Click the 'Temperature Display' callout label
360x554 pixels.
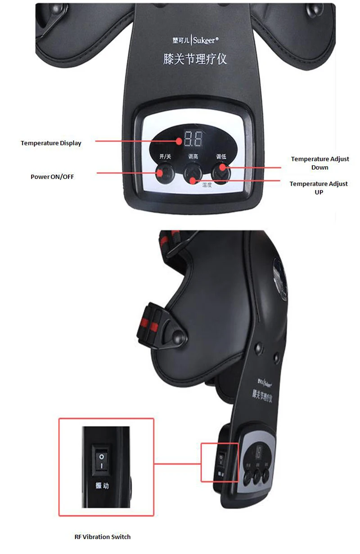51,143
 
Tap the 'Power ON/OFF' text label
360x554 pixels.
52,177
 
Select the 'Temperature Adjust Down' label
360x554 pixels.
319,163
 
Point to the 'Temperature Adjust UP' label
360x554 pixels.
319,188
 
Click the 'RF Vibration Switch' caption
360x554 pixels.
103,536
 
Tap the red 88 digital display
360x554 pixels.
193,140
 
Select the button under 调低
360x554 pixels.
221,172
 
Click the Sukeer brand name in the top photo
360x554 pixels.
206,40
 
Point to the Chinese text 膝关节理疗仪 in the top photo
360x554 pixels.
194,59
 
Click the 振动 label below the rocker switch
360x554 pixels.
102,486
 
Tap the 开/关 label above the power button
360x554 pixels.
165,157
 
